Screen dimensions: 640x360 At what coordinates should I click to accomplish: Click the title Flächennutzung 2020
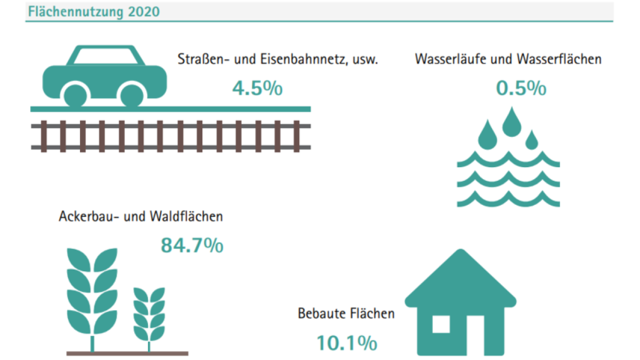coord(94,12)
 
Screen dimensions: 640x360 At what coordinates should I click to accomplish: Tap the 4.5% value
coord(257,88)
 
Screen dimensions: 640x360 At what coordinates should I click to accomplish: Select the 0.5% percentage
coord(521,88)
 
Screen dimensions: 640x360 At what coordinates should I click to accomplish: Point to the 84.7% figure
coord(192,245)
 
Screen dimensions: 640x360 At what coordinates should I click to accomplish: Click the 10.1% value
coord(347,343)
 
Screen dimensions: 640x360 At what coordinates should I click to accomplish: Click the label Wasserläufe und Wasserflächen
coord(508,59)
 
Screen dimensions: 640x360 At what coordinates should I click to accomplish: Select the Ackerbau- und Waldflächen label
coord(141,216)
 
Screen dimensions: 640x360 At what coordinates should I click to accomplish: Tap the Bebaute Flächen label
coord(346,313)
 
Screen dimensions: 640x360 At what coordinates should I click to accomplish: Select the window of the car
coord(106,56)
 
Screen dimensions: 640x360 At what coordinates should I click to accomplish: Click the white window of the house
coord(441,324)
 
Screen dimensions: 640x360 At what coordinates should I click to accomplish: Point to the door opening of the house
coord(475,335)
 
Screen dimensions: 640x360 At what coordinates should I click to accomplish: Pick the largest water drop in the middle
coord(512,122)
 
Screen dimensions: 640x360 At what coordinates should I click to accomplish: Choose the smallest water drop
coord(532,140)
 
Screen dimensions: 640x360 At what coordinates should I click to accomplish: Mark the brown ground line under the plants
coord(127,353)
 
